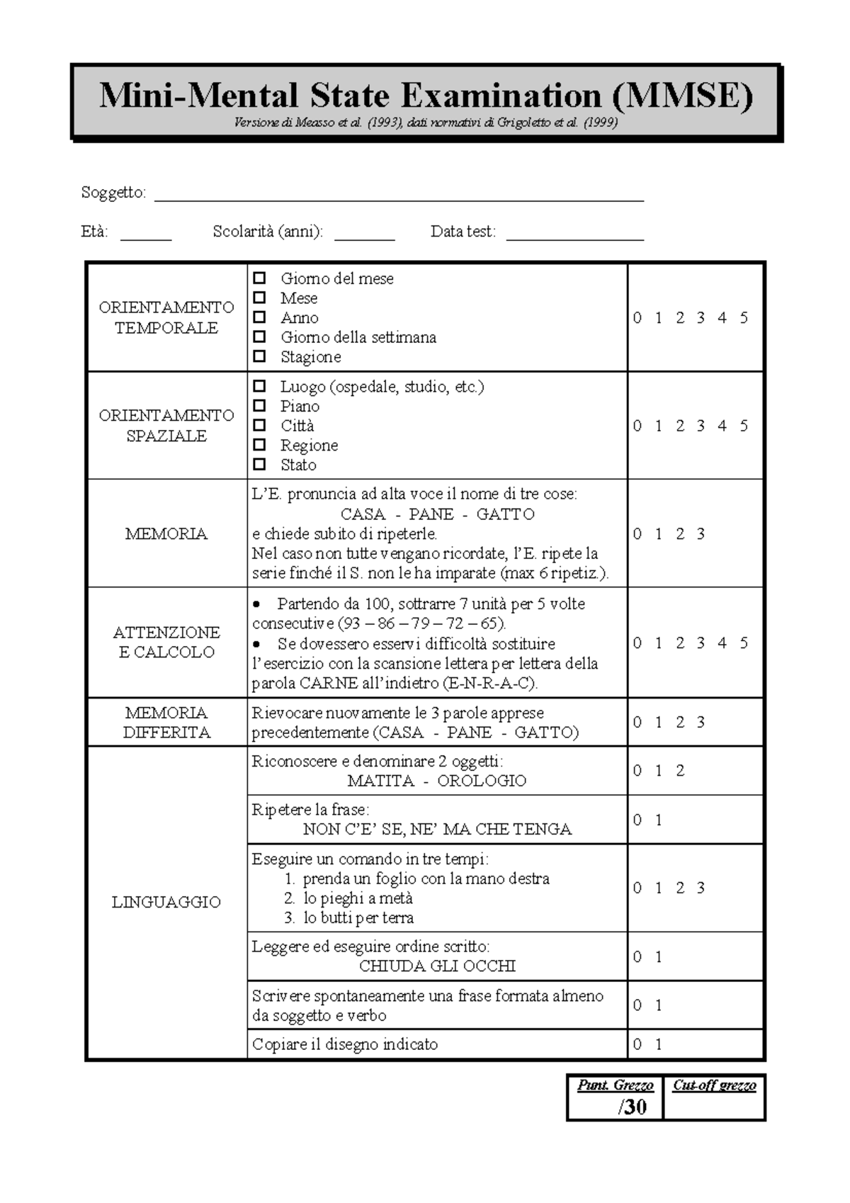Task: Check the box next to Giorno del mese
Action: pos(259,278)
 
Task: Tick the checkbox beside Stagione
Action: pos(259,356)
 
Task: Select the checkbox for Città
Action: pos(259,425)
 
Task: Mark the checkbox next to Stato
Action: pos(259,465)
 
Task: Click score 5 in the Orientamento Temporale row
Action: pos(744,318)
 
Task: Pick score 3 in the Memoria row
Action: pos(701,534)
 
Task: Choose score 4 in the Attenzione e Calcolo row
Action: pos(722,643)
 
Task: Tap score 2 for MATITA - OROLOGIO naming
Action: pos(680,771)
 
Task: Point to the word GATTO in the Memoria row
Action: pos(505,514)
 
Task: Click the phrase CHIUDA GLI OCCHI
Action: pos(437,966)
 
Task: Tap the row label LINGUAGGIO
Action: pos(166,903)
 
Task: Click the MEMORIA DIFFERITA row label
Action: pos(166,723)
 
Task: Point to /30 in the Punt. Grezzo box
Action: pos(632,1107)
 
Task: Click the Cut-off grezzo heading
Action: pos(714,1085)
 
